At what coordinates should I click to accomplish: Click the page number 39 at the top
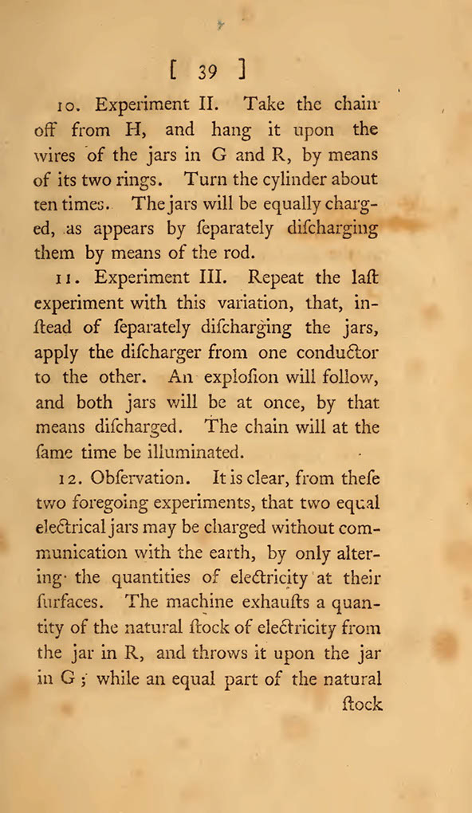pos(208,72)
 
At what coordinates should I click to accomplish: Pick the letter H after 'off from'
pos(128,129)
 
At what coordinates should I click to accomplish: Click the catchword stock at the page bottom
pos(363,704)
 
